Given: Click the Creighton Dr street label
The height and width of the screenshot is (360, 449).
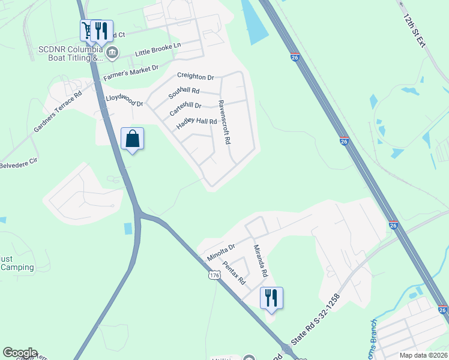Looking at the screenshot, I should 196,77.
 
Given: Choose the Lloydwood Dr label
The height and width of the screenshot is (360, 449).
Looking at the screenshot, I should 124,100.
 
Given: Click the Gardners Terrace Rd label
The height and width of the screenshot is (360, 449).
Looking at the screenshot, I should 58,113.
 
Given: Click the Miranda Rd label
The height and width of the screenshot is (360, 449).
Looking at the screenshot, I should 259,260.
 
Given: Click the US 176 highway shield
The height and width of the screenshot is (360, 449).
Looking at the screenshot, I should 215,275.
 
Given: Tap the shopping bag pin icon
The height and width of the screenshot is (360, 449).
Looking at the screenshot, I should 132,139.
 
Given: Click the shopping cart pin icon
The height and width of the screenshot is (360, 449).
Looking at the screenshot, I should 88,29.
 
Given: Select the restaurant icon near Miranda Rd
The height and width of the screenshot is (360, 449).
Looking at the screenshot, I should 271,298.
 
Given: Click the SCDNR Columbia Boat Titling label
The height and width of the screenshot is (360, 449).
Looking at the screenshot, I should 71,53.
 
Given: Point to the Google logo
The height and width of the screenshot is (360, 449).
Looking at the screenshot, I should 20,353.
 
